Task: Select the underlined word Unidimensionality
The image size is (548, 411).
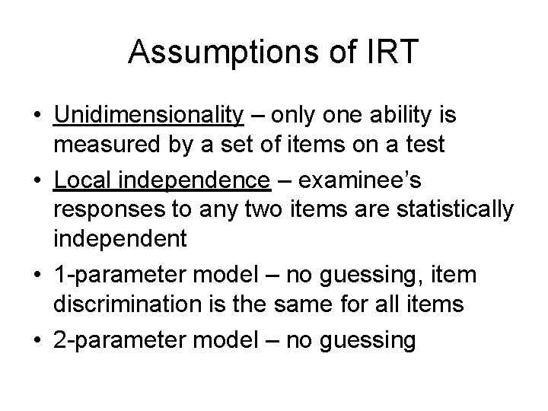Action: [148, 116]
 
